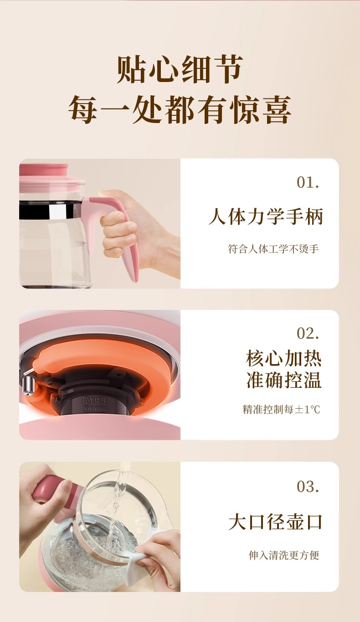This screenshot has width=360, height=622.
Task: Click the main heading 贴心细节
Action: (x=180, y=69)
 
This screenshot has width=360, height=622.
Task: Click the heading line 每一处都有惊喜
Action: (x=180, y=109)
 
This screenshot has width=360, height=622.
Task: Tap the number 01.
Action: (x=308, y=182)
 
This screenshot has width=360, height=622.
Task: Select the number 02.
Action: (x=308, y=333)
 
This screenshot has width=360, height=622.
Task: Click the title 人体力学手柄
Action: (x=266, y=216)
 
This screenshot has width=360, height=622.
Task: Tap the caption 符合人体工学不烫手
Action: (x=273, y=249)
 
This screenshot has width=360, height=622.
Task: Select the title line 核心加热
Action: (x=283, y=359)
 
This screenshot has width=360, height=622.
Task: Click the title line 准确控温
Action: (x=283, y=380)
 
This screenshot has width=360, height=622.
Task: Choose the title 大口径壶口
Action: (x=275, y=522)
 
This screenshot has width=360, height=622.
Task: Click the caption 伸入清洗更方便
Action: (x=283, y=555)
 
